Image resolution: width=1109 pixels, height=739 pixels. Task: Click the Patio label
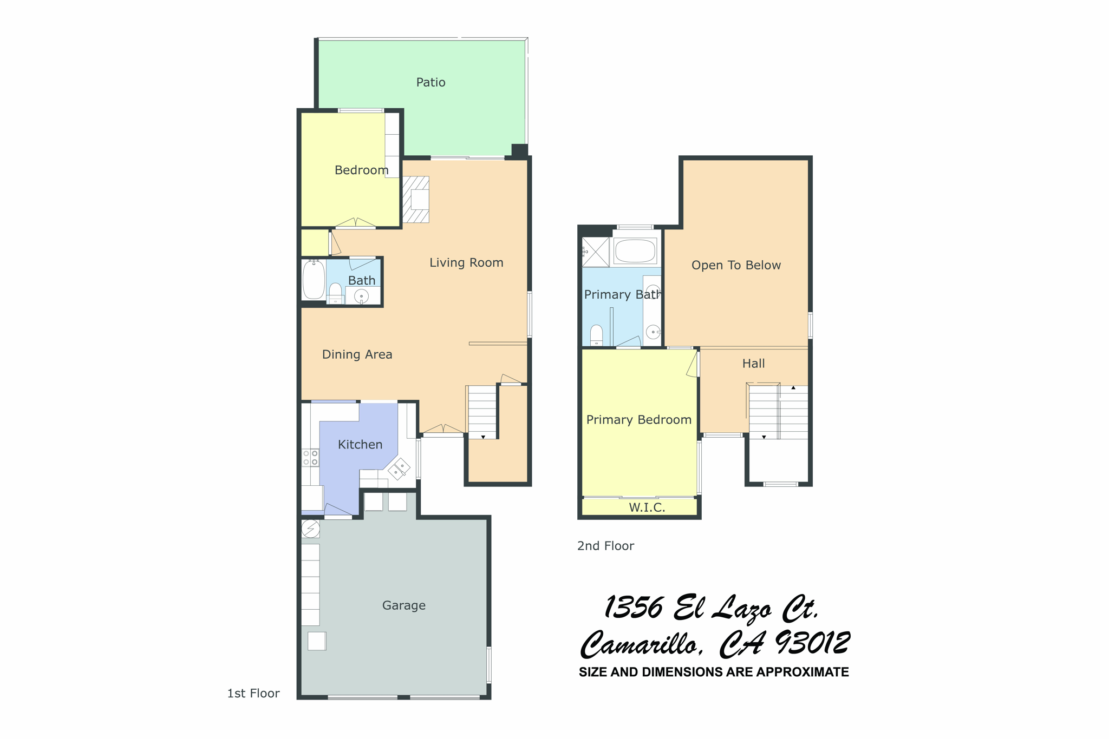tap(430, 82)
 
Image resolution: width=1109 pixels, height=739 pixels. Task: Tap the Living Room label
tap(466, 262)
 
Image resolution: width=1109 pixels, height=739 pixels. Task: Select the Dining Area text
tap(357, 354)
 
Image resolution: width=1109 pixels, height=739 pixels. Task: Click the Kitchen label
tap(360, 444)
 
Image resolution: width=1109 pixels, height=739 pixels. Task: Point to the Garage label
tap(403, 605)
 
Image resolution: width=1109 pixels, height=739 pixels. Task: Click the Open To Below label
tap(736, 265)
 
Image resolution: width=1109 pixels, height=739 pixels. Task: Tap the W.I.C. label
tap(647, 507)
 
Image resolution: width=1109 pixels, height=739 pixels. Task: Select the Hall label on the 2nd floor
tap(753, 364)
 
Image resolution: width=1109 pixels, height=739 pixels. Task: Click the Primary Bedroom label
tap(638, 420)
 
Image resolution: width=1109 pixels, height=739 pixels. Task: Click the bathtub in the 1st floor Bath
tap(314, 279)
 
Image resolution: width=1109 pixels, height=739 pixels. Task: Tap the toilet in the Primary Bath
tap(596, 334)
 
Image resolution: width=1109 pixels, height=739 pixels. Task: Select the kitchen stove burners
tap(310, 458)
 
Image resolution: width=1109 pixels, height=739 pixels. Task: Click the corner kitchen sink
tap(399, 469)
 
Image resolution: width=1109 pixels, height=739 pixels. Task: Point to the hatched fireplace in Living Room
tap(416, 200)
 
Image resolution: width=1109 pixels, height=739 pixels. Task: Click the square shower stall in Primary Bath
tap(595, 252)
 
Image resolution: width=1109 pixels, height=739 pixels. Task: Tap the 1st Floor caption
tap(253, 693)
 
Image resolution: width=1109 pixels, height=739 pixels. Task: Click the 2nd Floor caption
tap(605, 546)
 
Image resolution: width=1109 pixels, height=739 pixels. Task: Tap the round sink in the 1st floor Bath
tap(361, 296)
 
